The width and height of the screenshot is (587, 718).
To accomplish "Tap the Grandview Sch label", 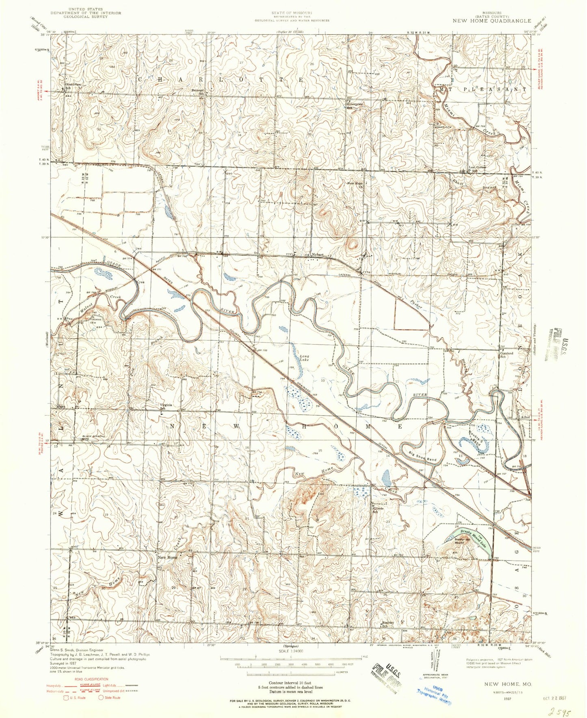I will click(x=73, y=86).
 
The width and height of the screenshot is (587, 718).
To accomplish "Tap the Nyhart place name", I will click(x=318, y=254).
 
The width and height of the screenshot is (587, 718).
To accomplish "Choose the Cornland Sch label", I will click(x=506, y=355).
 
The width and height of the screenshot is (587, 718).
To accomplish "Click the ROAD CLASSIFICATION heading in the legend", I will click(x=91, y=679).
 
